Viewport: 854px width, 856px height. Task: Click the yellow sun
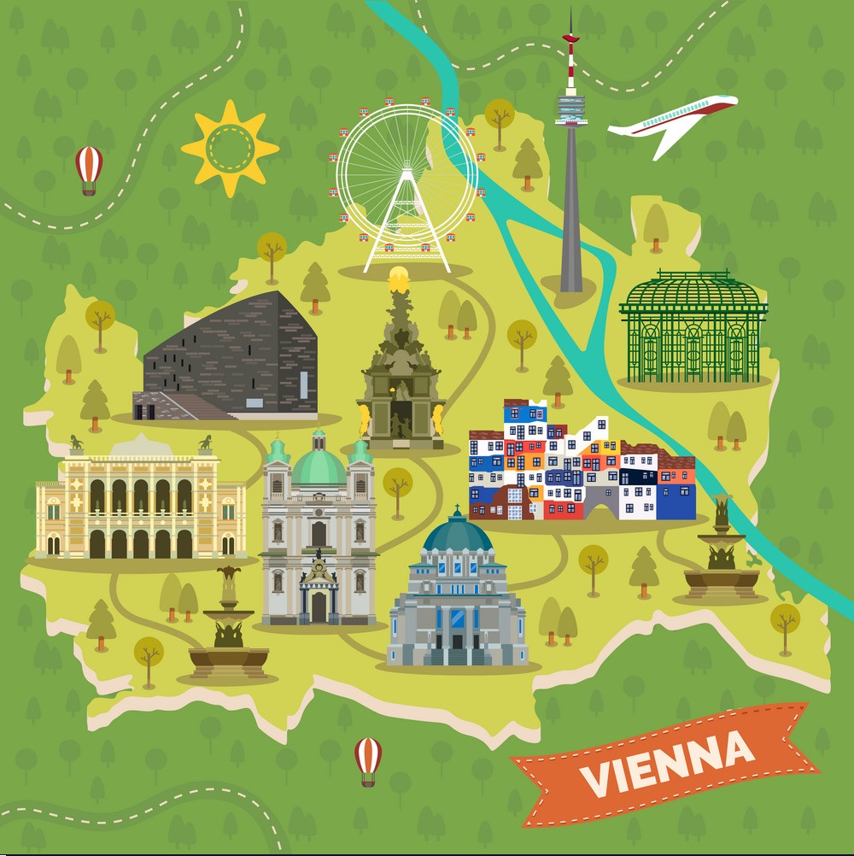(230, 148)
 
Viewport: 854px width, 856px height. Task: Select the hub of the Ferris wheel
(407, 176)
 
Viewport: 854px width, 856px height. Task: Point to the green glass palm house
(693, 328)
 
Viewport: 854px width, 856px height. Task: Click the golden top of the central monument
(398, 277)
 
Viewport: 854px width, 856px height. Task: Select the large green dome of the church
(319, 466)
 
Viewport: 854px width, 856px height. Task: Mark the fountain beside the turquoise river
(721, 555)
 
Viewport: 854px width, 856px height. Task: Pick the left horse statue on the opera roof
(75, 443)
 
